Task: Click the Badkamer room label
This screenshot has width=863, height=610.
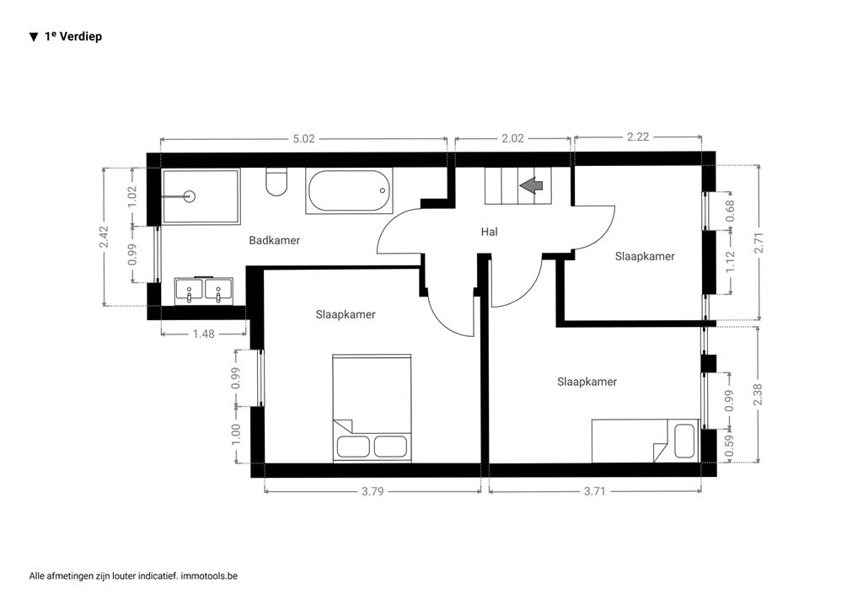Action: [x=274, y=240]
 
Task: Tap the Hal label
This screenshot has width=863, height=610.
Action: [x=489, y=232]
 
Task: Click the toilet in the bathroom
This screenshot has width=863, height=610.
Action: [x=276, y=181]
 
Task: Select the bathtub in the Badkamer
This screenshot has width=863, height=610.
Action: [x=349, y=191]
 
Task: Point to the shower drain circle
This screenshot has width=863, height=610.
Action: [x=190, y=195]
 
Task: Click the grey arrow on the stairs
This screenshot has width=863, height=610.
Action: [x=531, y=185]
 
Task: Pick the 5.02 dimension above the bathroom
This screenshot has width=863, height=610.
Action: [x=303, y=139]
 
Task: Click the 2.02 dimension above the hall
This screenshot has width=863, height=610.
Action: [x=512, y=138]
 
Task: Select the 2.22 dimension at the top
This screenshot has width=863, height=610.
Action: [x=638, y=136]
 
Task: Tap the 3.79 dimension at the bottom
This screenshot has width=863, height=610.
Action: [x=373, y=491]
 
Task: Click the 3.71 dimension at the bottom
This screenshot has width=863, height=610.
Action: [x=594, y=490]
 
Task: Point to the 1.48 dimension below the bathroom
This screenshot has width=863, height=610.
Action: [x=204, y=334]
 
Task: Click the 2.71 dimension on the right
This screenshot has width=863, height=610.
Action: [x=759, y=243]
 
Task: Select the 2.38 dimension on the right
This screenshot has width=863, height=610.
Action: [x=758, y=394]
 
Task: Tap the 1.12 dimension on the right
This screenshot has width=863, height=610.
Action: [x=731, y=262]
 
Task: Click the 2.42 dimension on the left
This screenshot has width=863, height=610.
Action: [x=104, y=237]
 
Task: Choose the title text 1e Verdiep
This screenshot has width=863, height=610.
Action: [x=73, y=36]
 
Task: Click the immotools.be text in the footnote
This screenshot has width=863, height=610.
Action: [x=209, y=576]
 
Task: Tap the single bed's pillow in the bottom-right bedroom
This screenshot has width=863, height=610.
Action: [x=684, y=441]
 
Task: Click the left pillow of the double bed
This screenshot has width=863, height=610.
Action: [x=353, y=446]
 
